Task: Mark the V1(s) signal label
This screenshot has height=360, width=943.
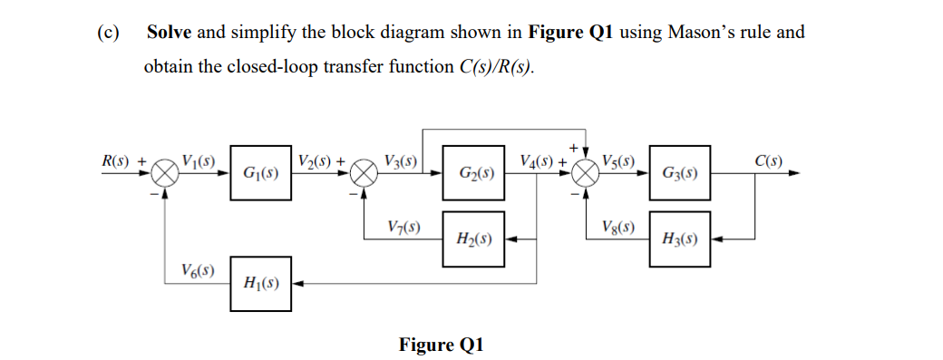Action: [x=199, y=162]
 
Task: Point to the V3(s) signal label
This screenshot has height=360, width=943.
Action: [x=400, y=162]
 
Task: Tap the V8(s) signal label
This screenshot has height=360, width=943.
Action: [x=617, y=226]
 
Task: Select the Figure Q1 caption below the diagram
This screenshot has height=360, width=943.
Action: [x=442, y=345]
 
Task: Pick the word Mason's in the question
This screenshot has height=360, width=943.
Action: [x=697, y=33]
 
